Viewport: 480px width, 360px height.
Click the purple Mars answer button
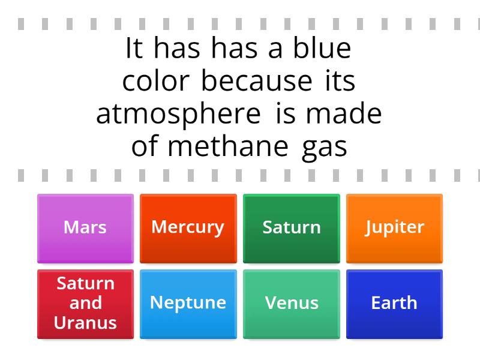point(85,228)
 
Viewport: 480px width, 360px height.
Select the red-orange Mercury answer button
point(188,228)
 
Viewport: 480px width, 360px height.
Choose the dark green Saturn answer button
point(292,228)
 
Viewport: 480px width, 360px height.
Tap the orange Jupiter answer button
point(395,228)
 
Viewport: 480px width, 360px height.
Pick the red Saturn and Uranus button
point(85,304)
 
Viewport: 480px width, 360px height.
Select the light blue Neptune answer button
point(188,304)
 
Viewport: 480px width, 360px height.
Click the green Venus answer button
point(292,304)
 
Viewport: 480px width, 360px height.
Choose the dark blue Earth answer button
point(395,304)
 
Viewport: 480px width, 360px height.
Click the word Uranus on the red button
point(85,323)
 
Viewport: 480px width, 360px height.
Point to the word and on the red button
point(85,303)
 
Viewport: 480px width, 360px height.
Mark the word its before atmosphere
point(339,82)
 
